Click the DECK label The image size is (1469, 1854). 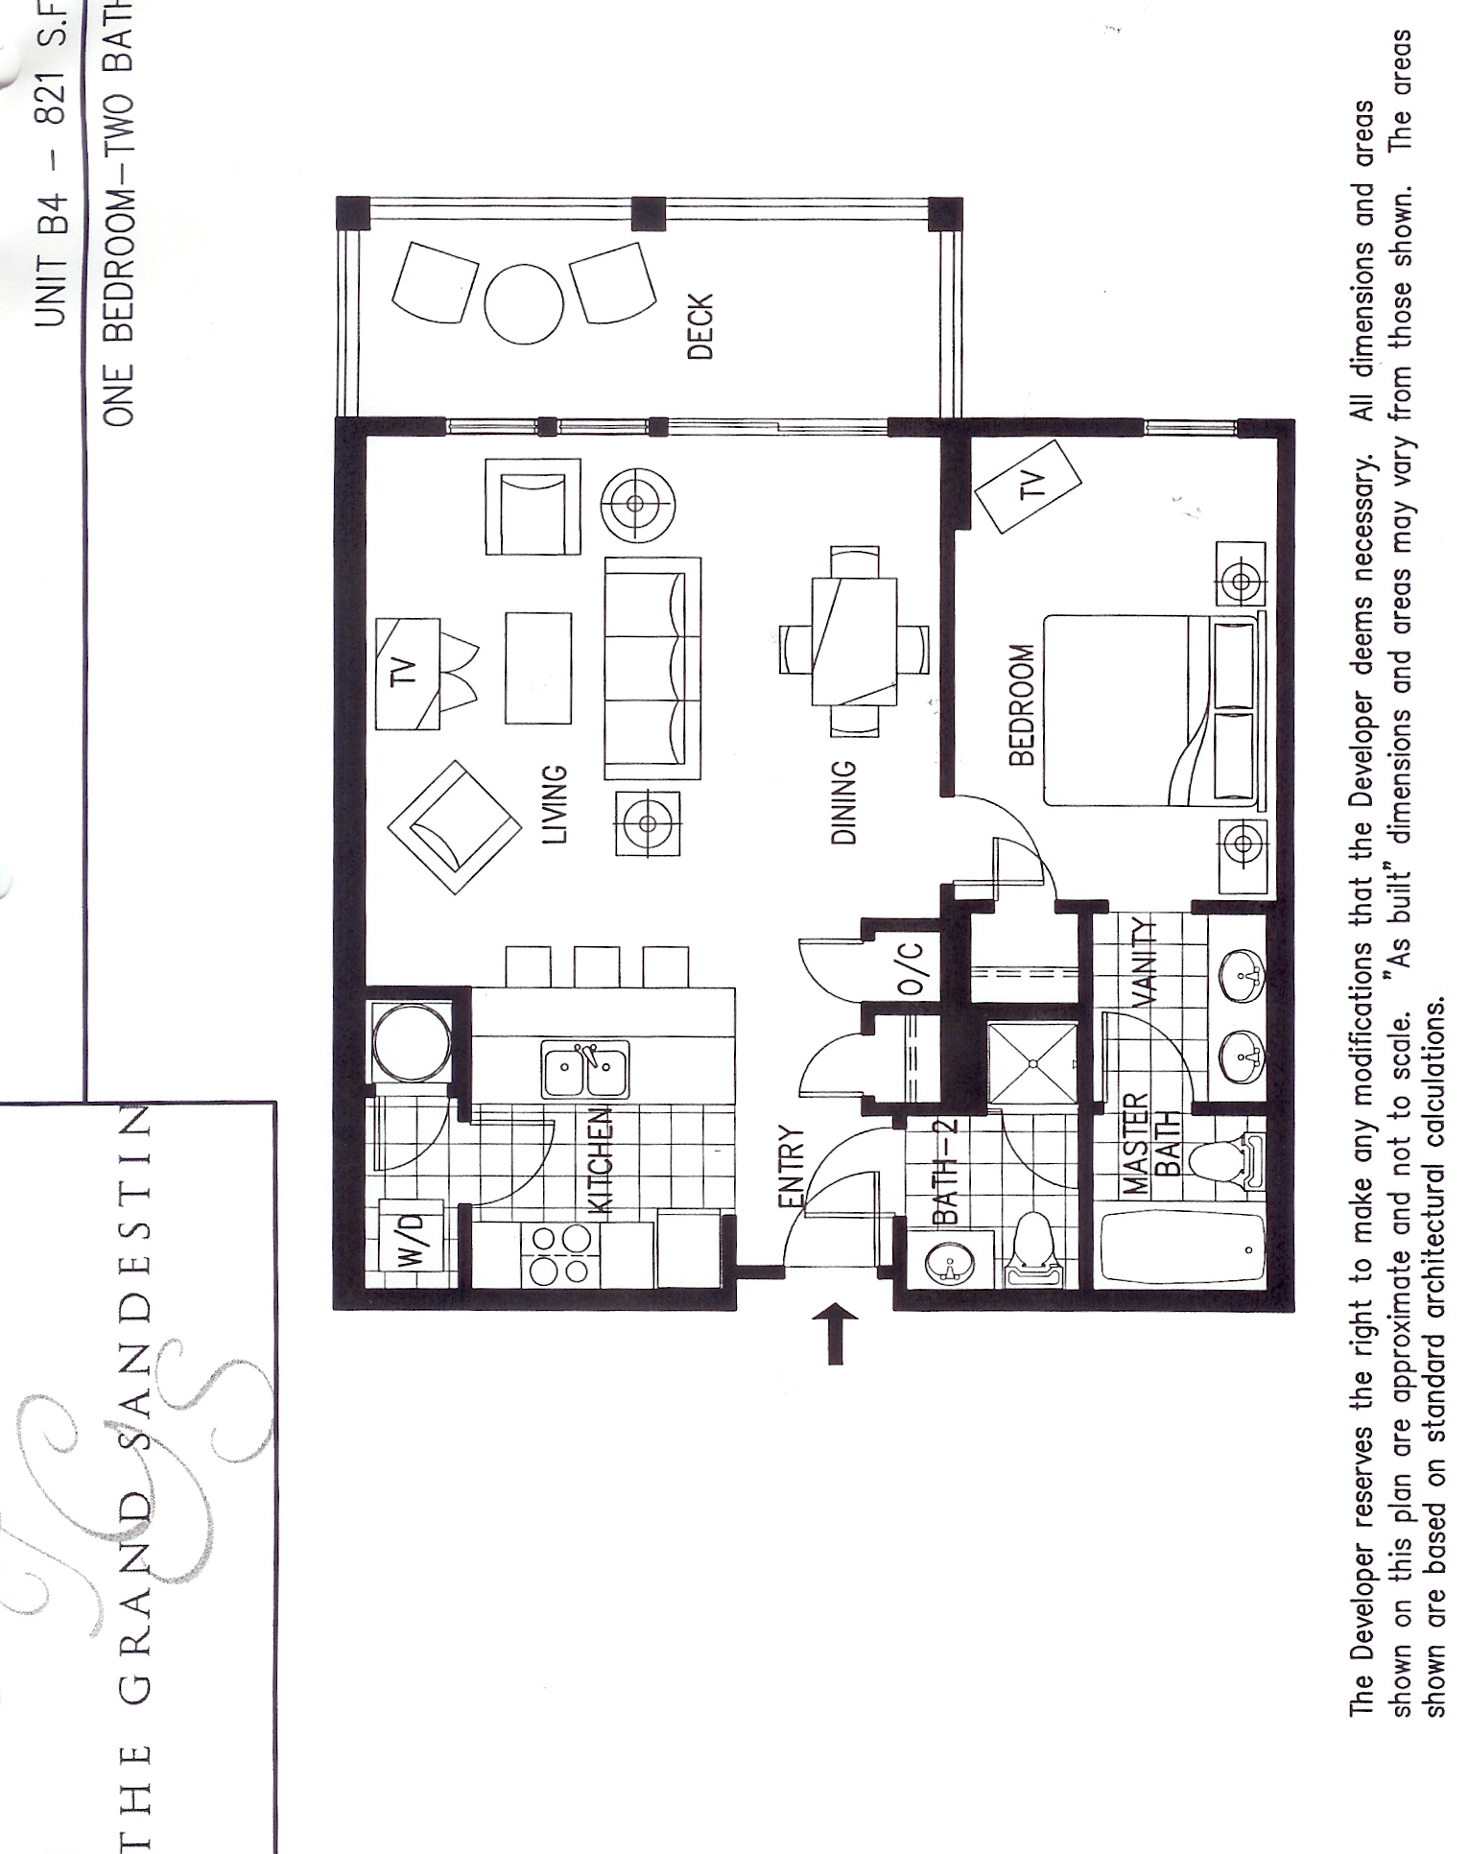point(701,326)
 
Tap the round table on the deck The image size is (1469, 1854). point(523,304)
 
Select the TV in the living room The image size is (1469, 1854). point(408,673)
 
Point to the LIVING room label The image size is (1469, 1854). point(555,804)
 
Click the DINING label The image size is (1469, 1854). point(843,802)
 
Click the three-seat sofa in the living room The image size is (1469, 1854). point(652,668)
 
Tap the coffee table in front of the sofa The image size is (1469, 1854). point(537,668)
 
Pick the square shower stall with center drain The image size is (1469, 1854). point(1032,1063)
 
